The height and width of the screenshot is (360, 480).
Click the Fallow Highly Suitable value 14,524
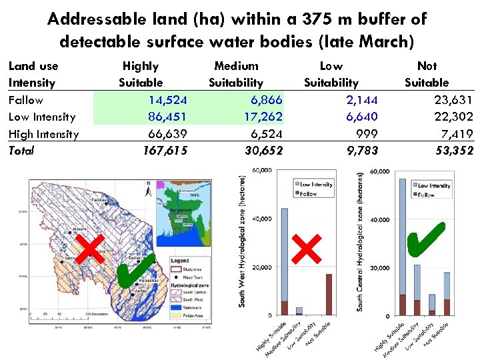click(x=167, y=100)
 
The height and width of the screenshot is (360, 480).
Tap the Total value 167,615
click(x=165, y=151)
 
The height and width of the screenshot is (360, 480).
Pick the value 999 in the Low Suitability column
click(x=366, y=133)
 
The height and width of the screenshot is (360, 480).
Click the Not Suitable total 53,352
click(x=454, y=151)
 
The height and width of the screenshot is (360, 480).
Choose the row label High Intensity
click(x=43, y=134)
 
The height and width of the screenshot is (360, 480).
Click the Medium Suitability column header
click(x=236, y=74)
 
